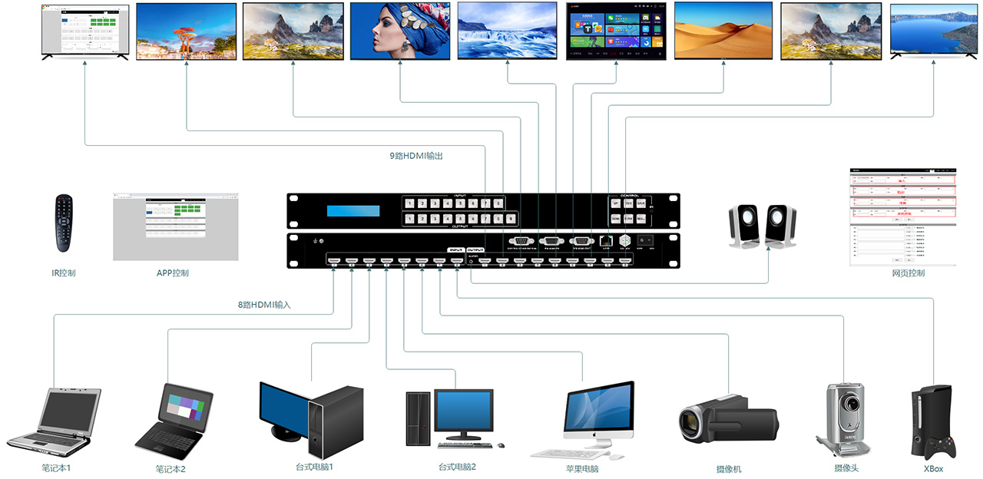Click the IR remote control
(63, 223)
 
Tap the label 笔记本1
(61, 467)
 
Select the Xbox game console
(932, 423)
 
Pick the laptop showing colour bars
(174, 419)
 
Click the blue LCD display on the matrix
(352, 211)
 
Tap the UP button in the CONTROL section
(616, 203)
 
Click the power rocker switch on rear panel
(646, 240)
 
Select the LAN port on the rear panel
(606, 240)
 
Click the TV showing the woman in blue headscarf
(399, 30)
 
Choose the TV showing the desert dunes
(723, 30)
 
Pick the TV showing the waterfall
(507, 30)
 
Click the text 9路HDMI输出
(415, 156)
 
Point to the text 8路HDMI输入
(264, 305)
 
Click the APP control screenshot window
(175, 226)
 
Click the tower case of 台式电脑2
(419, 419)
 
